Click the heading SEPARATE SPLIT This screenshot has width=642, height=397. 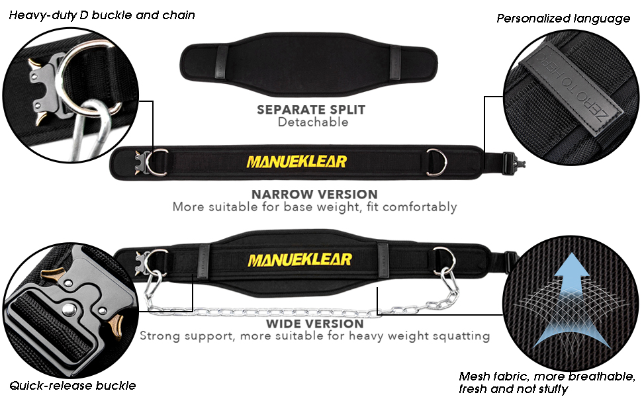click(310, 109)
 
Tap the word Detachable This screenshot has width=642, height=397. click(312, 122)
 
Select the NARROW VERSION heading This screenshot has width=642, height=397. click(314, 194)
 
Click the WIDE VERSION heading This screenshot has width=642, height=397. click(314, 324)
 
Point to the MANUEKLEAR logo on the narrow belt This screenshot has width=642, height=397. click(296, 161)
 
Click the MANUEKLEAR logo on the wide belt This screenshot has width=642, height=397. click(299, 259)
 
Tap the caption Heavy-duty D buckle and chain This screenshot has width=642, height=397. click(102, 14)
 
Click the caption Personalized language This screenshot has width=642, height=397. click(563, 19)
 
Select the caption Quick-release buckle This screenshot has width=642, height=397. click(72, 385)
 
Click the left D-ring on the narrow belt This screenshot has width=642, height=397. click(158, 161)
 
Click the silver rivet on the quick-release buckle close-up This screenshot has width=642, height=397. click(68, 309)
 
